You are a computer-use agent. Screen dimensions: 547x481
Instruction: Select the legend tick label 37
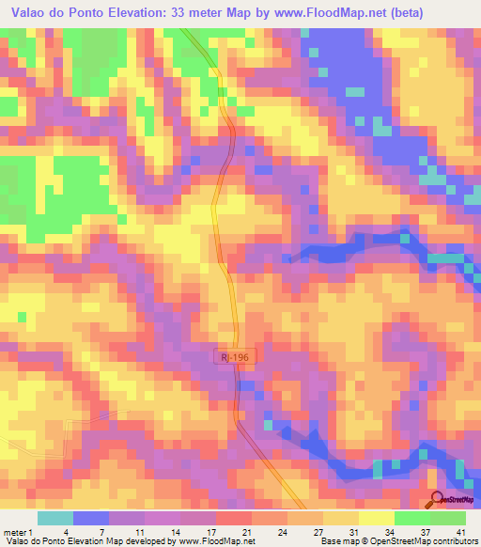[x=425, y=531]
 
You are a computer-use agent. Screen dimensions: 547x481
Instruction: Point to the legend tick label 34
[x=390, y=531]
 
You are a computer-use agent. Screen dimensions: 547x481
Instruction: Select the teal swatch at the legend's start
[x=54, y=518]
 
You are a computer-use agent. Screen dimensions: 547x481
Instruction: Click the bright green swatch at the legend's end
[x=448, y=518]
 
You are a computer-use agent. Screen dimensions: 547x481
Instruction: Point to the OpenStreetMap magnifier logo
[x=438, y=499]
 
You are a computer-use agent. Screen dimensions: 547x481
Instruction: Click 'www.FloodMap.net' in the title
[x=303, y=13]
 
